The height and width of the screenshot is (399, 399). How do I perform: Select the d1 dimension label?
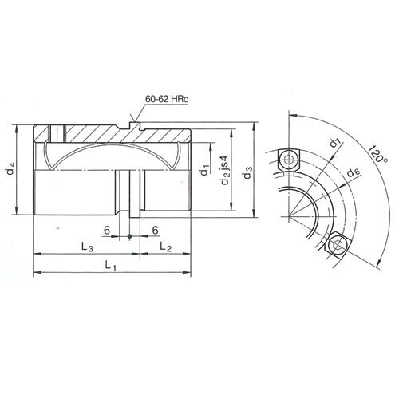pyautogui.click(x=206, y=168)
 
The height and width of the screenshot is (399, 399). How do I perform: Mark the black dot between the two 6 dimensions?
pyautogui.click(x=129, y=236)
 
